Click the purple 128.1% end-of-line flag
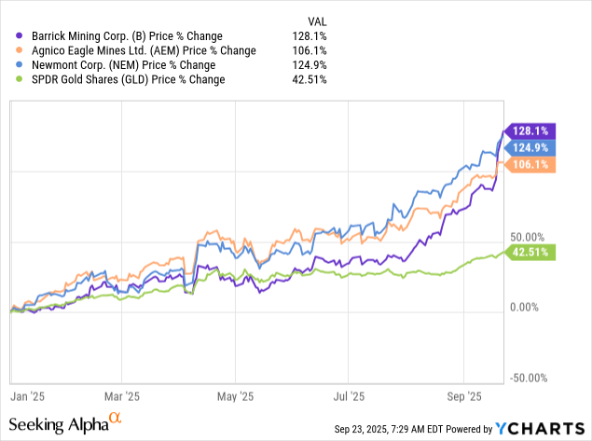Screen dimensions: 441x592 [x=530, y=131]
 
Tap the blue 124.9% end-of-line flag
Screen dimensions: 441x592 [x=530, y=147]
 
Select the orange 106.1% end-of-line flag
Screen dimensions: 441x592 [x=530, y=164]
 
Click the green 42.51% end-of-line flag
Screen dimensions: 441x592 [x=530, y=251]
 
